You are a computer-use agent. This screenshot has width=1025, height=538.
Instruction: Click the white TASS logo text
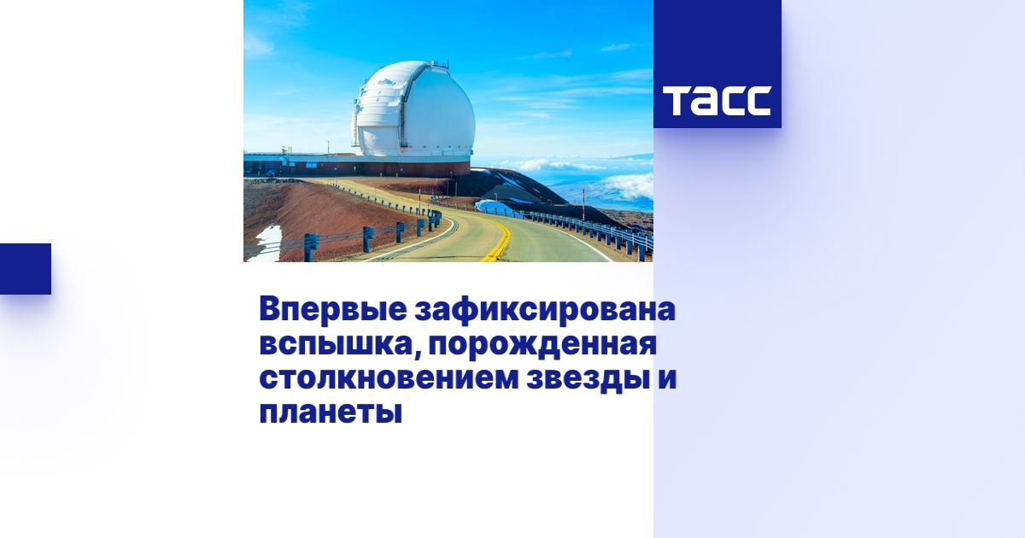point(717,101)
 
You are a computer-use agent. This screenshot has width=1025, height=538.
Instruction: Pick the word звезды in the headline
point(586,379)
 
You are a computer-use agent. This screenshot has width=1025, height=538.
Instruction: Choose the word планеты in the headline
point(330,413)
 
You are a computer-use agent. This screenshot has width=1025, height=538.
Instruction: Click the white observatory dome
point(414,107)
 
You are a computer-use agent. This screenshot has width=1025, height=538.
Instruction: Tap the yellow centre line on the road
point(499,239)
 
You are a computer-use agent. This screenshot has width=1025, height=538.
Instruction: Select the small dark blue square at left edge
point(25,269)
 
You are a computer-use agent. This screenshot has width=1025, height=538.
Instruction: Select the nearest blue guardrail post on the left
point(311,248)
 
